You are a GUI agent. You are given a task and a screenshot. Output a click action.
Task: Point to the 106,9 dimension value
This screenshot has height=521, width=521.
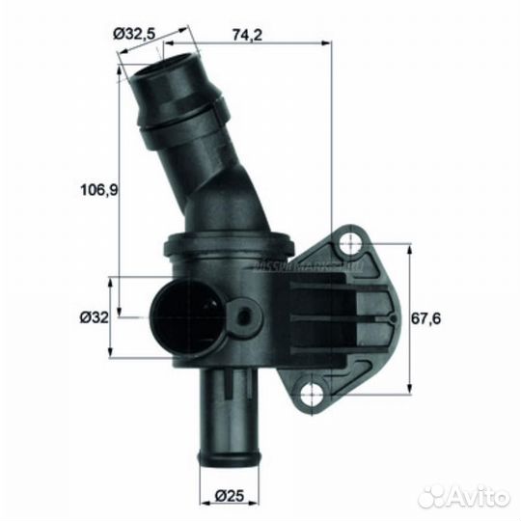[x=97, y=190]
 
